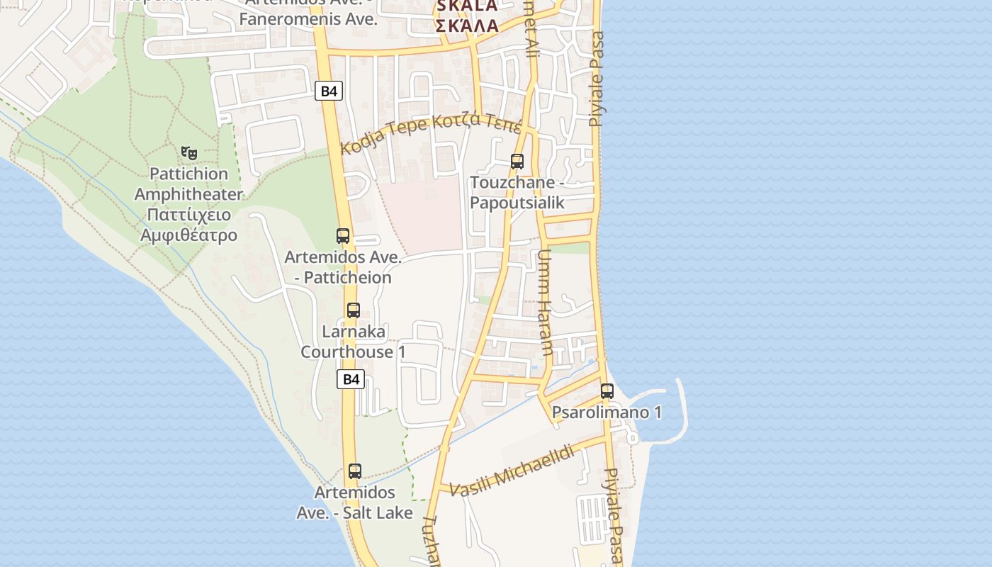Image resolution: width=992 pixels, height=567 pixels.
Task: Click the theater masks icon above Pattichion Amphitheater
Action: coord(189,152)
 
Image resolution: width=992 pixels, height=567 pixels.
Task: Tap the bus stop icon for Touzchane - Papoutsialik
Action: coord(517,162)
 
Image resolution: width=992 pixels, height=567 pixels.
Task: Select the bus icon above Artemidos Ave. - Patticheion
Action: coord(343,236)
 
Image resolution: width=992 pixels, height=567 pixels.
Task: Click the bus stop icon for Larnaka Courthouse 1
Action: coord(354,310)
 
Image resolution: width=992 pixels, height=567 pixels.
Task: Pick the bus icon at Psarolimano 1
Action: coord(607,391)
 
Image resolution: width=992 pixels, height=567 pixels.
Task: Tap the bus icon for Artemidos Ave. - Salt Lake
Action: coord(355,471)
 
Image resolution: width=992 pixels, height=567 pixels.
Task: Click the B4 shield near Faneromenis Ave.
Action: coord(329,91)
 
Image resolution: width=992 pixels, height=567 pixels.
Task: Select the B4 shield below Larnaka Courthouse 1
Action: coord(351,379)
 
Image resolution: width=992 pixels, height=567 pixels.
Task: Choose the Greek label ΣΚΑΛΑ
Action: coord(467,26)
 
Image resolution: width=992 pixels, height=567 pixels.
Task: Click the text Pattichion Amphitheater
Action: coord(188,184)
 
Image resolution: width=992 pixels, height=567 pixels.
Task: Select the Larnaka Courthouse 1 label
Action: coord(354,342)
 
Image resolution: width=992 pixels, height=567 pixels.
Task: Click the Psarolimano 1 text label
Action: coord(607,412)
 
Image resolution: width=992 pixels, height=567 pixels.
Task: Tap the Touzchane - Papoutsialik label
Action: coord(517,193)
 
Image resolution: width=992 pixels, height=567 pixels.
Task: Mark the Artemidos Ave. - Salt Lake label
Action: coord(354,502)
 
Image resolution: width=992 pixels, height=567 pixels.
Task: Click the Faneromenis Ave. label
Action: coord(308,19)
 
